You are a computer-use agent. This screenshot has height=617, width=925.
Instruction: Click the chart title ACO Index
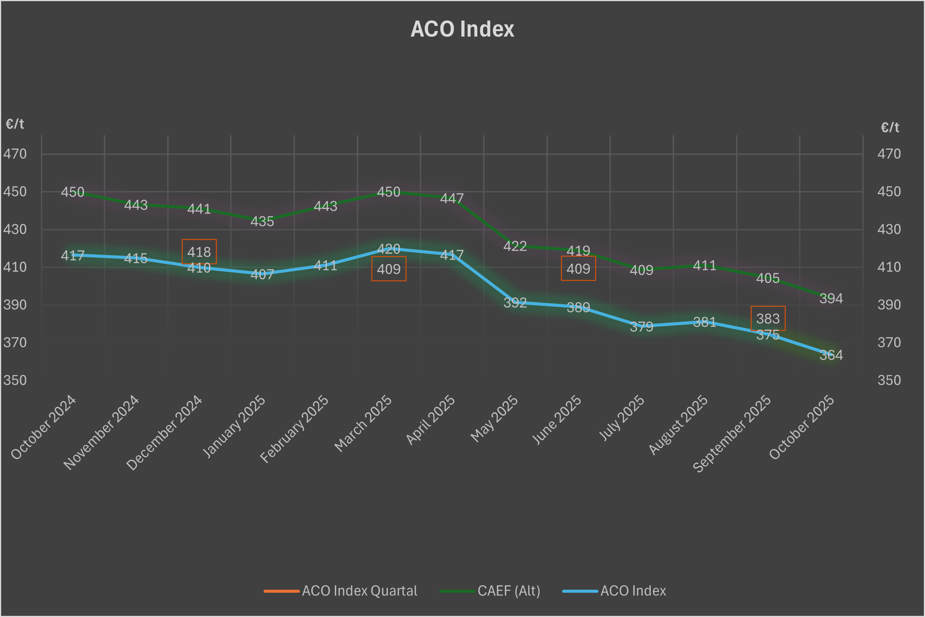pyautogui.click(x=462, y=29)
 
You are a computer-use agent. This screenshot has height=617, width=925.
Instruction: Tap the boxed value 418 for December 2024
pyautogui.click(x=199, y=252)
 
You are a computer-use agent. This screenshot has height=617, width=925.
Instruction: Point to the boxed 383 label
pyautogui.click(x=768, y=318)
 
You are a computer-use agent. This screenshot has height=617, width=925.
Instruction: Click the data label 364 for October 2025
pyautogui.click(x=831, y=355)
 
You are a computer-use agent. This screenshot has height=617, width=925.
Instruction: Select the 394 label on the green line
pyautogui.click(x=831, y=298)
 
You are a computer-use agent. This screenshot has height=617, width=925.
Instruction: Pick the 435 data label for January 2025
pyautogui.click(x=262, y=221)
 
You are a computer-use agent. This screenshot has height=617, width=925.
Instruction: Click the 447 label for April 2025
pyautogui.click(x=452, y=198)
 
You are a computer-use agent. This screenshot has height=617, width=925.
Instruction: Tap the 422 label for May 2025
pyautogui.click(x=515, y=246)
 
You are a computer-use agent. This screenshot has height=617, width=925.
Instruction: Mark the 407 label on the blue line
pyautogui.click(x=262, y=274)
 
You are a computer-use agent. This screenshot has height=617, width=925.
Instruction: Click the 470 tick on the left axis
pyautogui.click(x=15, y=154)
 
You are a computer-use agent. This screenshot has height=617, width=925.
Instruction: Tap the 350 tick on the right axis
pyautogui.click(x=889, y=380)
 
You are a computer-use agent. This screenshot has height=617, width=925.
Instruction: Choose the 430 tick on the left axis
pyautogui.click(x=15, y=229)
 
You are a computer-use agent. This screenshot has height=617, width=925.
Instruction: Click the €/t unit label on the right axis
pyautogui.click(x=890, y=127)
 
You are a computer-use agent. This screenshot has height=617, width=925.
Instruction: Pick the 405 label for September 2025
pyautogui.click(x=768, y=278)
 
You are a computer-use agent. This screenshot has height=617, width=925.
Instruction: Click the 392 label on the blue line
pyautogui.click(x=515, y=303)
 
